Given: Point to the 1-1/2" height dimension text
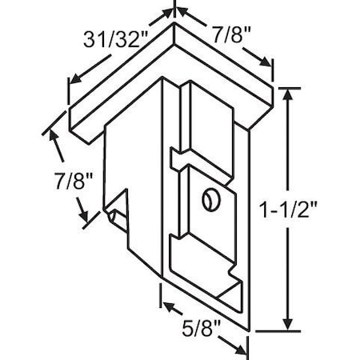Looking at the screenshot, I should (319, 210).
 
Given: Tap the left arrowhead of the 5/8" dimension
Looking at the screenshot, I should (166, 305).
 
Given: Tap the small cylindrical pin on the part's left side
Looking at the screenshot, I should (112, 214).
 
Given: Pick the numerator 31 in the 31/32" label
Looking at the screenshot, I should (95, 38).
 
